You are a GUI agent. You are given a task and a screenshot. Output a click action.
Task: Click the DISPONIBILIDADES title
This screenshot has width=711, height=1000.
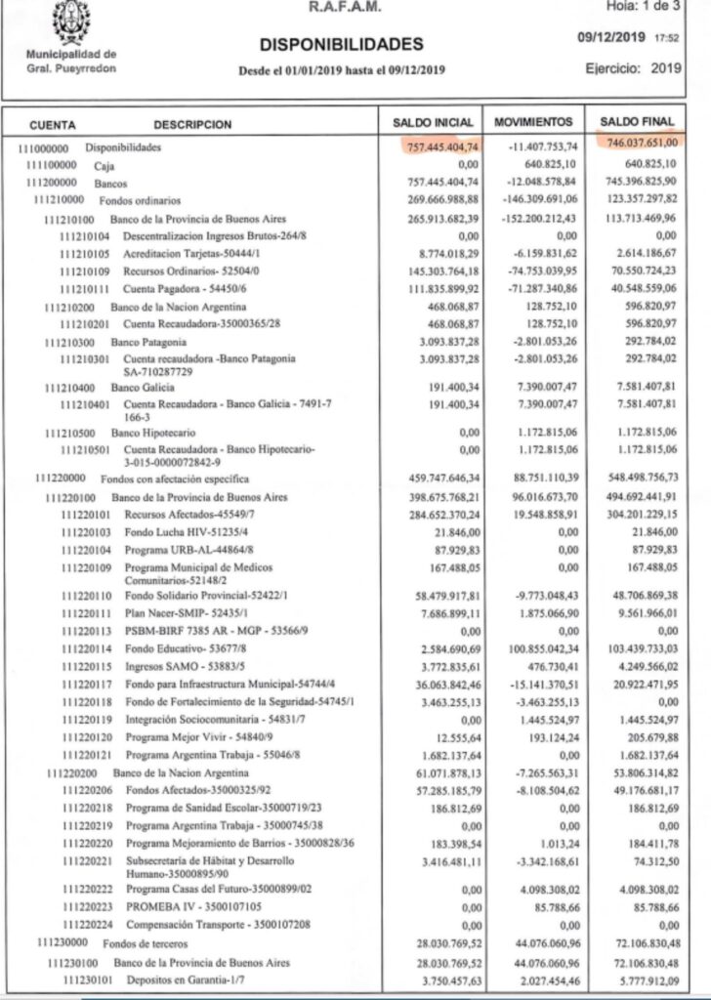click(x=342, y=44)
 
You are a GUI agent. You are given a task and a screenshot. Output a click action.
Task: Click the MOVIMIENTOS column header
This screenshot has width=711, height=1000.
click(x=532, y=124)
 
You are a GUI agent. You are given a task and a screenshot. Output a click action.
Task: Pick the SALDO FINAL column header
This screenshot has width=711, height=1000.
click(x=636, y=124)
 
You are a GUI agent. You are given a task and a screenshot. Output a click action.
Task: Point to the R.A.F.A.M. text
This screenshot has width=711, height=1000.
click(x=345, y=8)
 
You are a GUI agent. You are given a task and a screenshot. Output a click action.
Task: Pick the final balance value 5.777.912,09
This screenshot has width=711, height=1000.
click(x=643, y=979)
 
